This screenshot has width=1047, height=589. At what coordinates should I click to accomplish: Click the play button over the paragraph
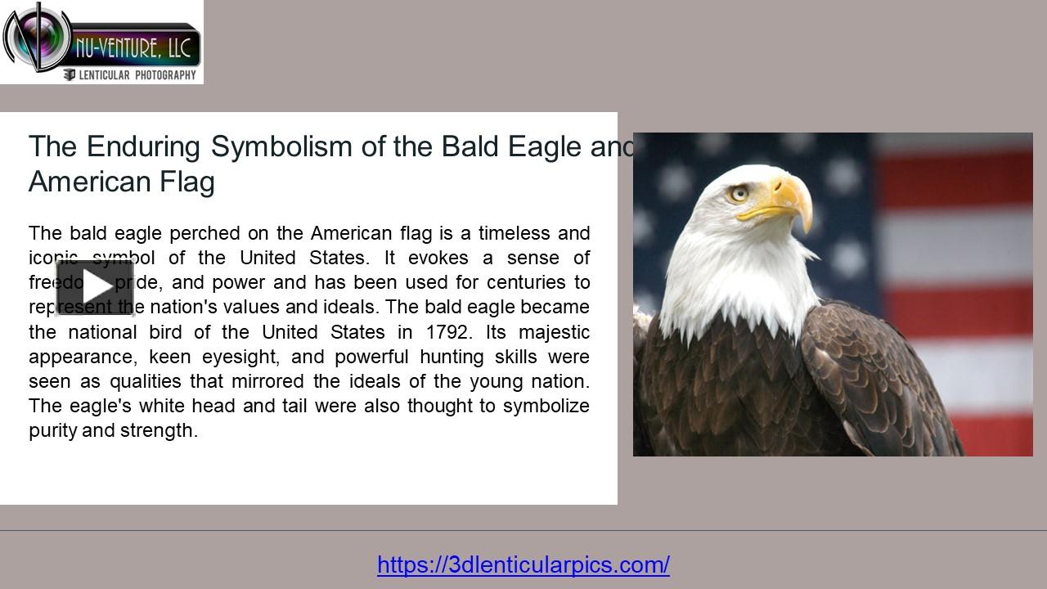point(95,287)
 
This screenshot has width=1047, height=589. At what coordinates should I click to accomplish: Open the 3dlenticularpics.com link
point(523,564)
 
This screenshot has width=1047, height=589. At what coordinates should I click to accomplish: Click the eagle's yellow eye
point(739,194)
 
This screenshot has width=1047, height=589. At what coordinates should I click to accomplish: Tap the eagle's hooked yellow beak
point(789,200)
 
